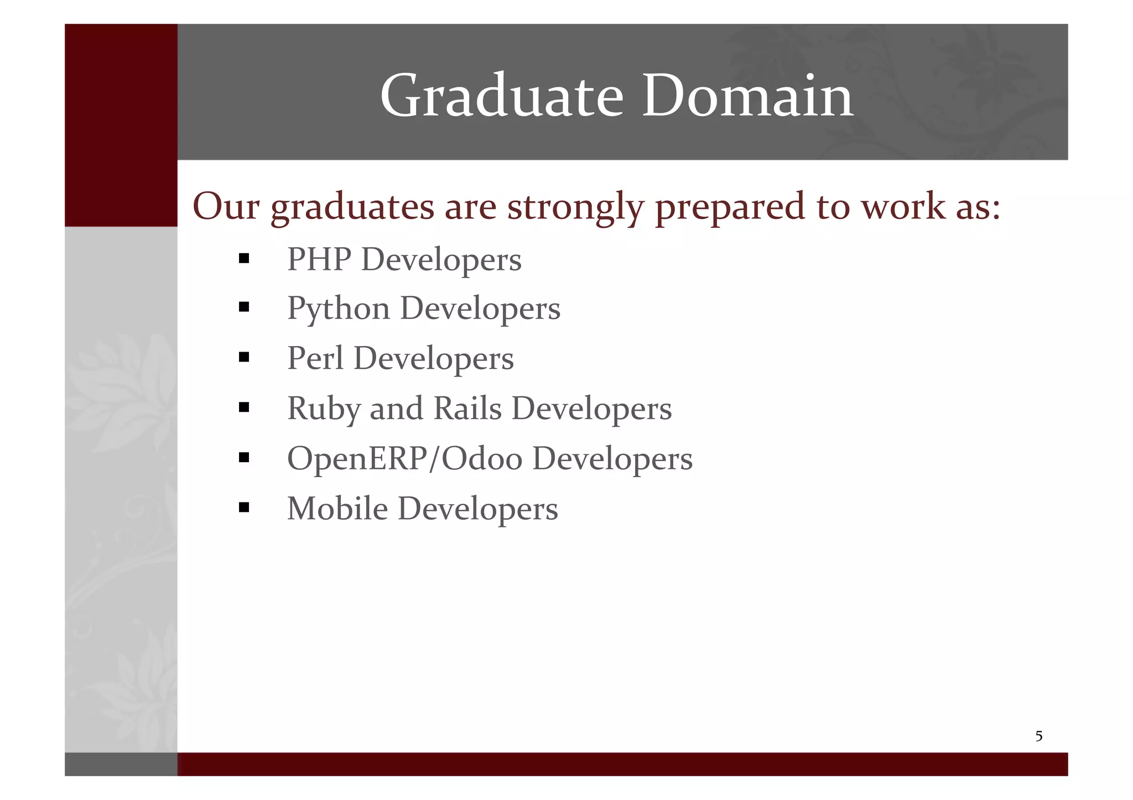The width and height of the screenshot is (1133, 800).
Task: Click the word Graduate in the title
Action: pyautogui.click(x=501, y=97)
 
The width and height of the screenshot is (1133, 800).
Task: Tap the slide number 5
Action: pyautogui.click(x=1038, y=736)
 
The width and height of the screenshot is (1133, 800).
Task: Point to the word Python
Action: pyautogui.click(x=339, y=309)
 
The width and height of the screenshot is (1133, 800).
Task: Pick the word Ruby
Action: pyautogui.click(x=323, y=409)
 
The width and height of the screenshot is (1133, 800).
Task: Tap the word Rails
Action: pyautogui.click(x=467, y=409)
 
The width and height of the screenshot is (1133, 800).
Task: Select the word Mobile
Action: pyautogui.click(x=337, y=509)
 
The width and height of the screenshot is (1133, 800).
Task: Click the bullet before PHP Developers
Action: pyautogui.click(x=244, y=259)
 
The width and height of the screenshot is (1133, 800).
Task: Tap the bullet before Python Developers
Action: pyautogui.click(x=244, y=307)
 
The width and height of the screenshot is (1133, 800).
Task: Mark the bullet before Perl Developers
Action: pyautogui.click(x=244, y=358)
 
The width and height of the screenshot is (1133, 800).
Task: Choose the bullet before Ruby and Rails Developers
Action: pyautogui.click(x=244, y=408)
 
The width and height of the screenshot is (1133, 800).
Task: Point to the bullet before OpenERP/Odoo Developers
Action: pyautogui.click(x=244, y=458)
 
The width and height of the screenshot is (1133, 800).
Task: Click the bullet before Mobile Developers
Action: pyautogui.click(x=244, y=508)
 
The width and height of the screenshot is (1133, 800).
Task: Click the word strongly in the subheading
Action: pyautogui.click(x=576, y=207)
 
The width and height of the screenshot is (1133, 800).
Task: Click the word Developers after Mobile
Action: pyautogui.click(x=478, y=509)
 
